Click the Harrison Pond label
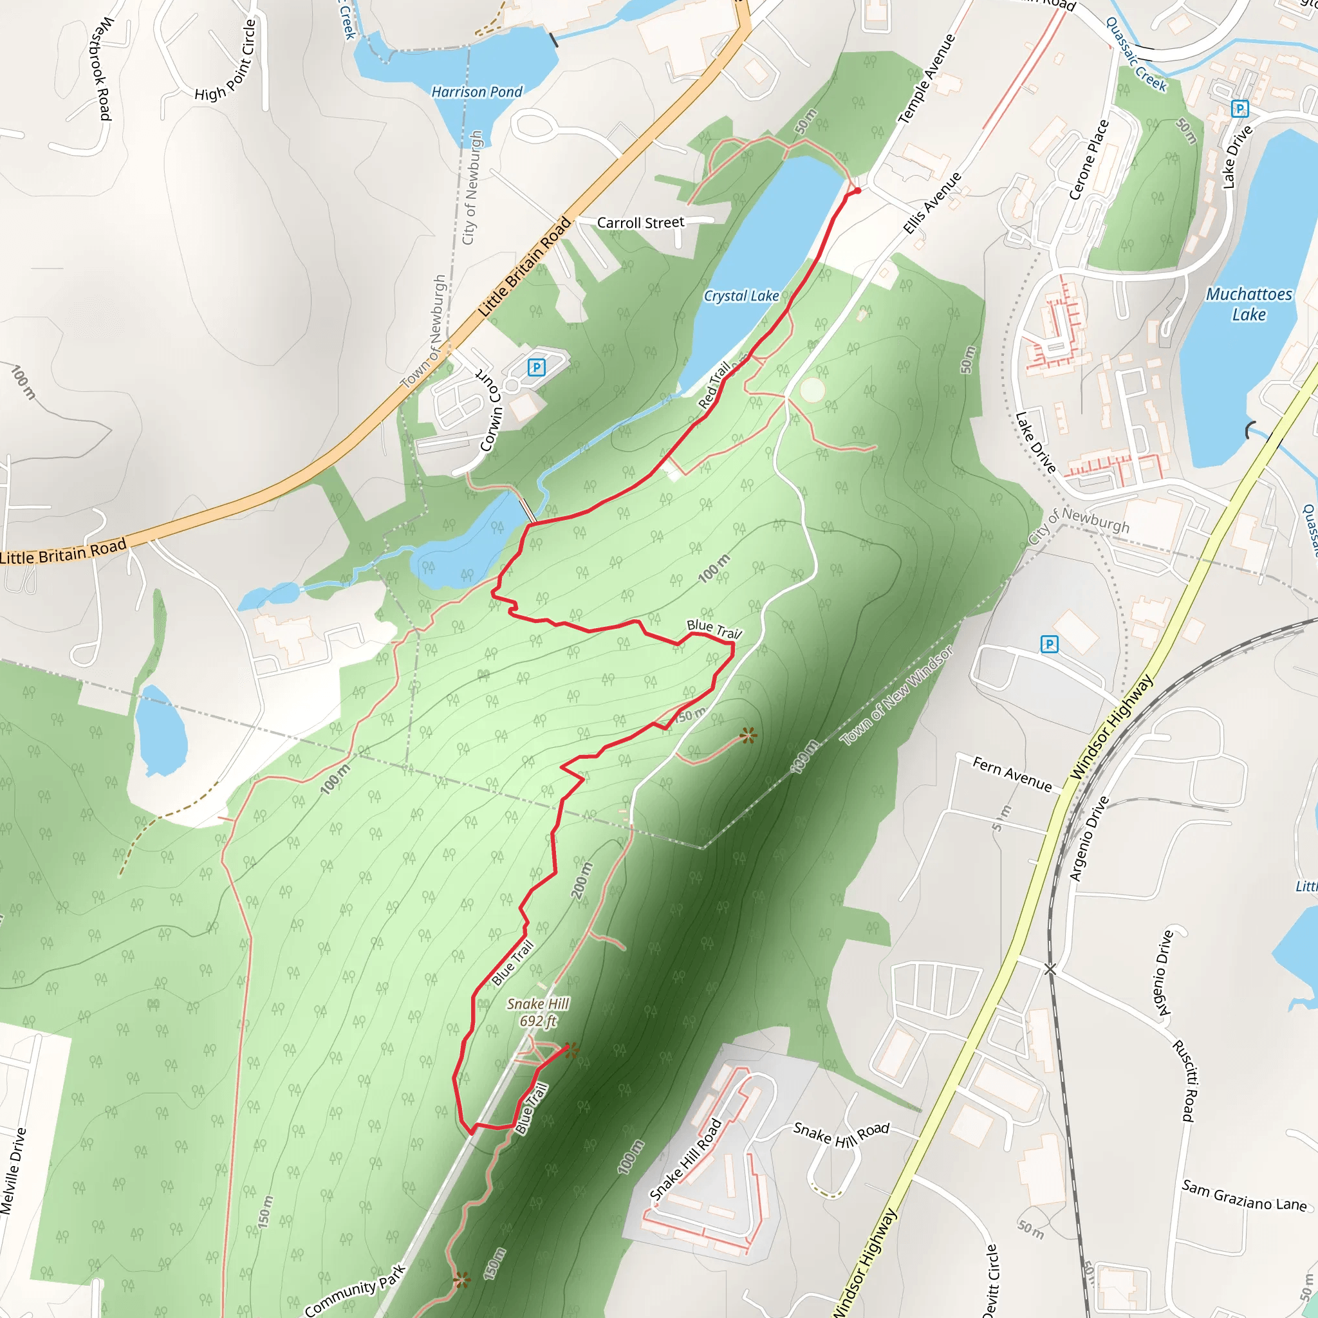pyautogui.click(x=477, y=91)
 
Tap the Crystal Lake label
pyautogui.click(x=741, y=296)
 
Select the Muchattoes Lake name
pyautogui.click(x=1248, y=304)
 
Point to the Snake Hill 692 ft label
pyautogui.click(x=538, y=1012)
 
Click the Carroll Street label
pyautogui.click(x=640, y=223)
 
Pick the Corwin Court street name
pyautogui.click(x=490, y=409)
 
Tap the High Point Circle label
pyautogui.click(x=226, y=62)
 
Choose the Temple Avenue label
pyautogui.click(x=927, y=79)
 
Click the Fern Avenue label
pyautogui.click(x=1012, y=774)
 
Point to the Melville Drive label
pyautogui.click(x=14, y=1171)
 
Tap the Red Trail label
pyautogui.click(x=714, y=385)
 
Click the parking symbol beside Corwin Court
pyautogui.click(x=536, y=367)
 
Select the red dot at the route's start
pyautogui.click(x=857, y=191)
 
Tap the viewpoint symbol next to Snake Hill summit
pyautogui.click(x=571, y=1050)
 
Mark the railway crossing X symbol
pyautogui.click(x=1050, y=969)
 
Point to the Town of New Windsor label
pyautogui.click(x=896, y=696)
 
